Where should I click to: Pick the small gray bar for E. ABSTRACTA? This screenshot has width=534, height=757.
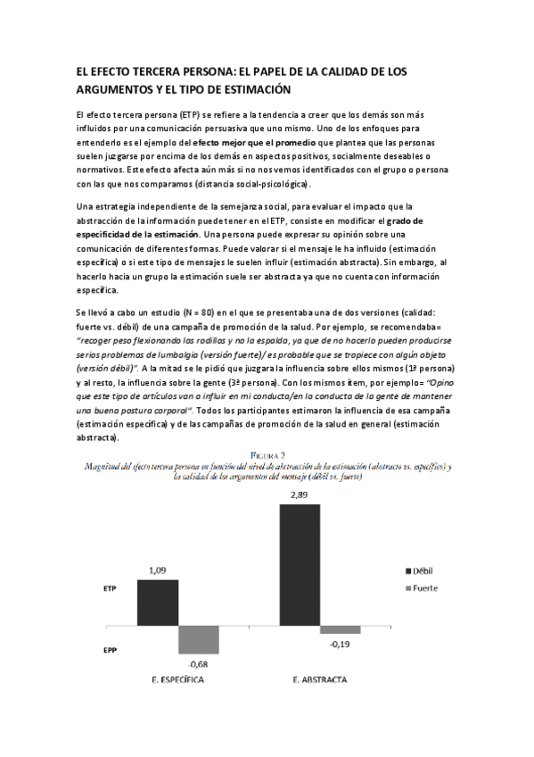pos(340,628)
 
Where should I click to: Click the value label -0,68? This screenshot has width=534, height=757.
pos(199,663)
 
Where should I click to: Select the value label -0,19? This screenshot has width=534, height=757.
pos(340,643)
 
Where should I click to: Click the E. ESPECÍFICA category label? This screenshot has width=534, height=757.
pos(174,680)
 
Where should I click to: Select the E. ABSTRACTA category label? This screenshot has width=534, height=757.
pos(319,680)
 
